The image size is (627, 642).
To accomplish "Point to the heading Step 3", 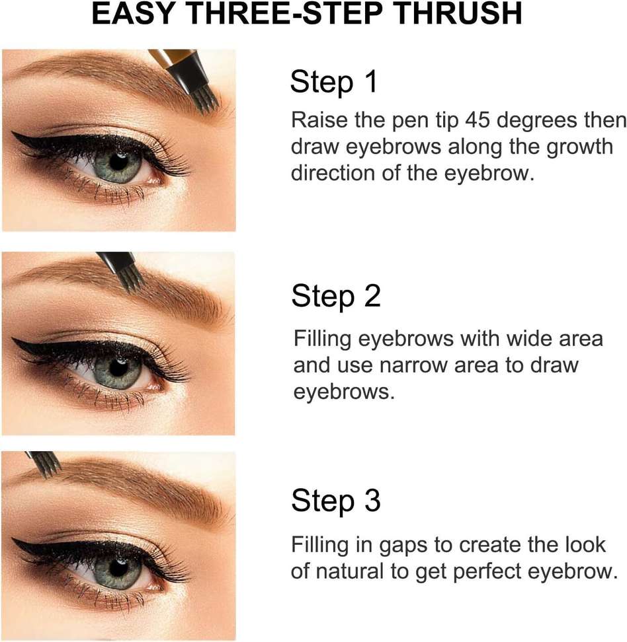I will tap(336, 501).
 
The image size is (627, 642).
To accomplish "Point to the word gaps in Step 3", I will tap(403, 546).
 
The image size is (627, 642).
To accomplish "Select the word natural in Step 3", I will tap(355, 571).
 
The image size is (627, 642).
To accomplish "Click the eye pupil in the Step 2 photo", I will tap(118, 368).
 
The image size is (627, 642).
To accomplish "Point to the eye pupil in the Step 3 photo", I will tap(118, 566).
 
